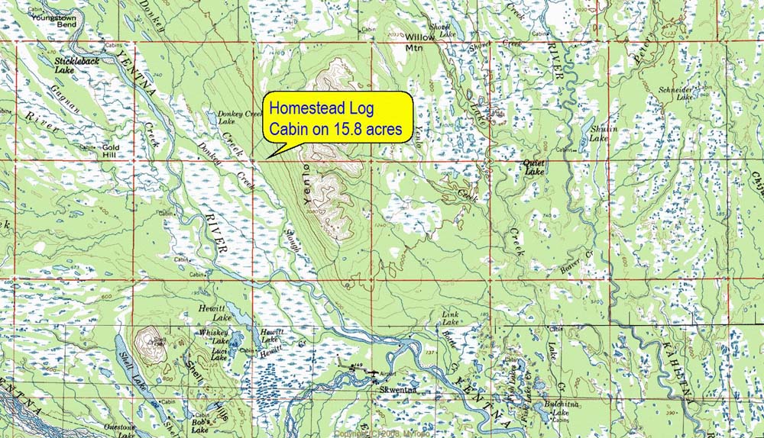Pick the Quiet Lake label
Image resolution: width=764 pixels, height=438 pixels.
(533, 167)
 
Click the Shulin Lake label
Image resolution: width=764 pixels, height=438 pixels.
(599, 134)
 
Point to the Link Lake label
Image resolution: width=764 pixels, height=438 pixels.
(449, 318)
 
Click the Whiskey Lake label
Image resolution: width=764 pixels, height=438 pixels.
(213, 337)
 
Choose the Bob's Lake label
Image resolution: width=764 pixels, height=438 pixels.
(200, 427)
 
